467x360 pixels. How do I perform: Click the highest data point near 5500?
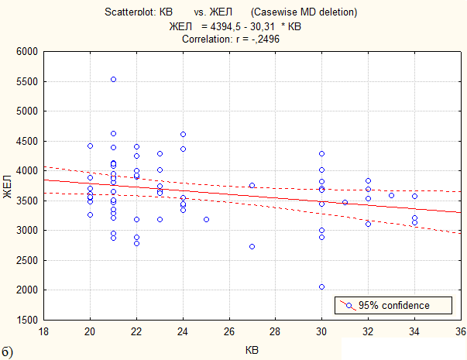coord(114,80)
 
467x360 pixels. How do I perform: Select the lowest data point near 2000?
coord(321,287)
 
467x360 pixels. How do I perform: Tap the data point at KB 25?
coord(207,219)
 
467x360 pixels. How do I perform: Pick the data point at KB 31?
coord(345,203)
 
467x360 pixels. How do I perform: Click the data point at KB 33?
coord(391,196)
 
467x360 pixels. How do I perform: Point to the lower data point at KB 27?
coord(252,246)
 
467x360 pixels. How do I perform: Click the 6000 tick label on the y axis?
coord(27,52)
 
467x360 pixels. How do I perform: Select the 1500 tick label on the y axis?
coord(27,320)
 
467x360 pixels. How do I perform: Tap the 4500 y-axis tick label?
coord(27,141)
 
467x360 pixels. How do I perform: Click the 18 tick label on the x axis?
coord(44,331)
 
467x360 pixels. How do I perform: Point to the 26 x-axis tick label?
coord(229,331)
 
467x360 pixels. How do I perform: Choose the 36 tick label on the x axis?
coord(461,331)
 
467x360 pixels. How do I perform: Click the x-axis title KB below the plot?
coord(252,350)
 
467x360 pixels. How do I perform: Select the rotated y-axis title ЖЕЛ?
coord(7,187)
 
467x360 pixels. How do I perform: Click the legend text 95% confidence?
coord(393,306)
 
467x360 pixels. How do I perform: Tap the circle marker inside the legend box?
coord(349,306)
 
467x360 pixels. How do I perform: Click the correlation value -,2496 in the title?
coord(263,39)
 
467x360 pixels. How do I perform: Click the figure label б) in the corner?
coord(7,352)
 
